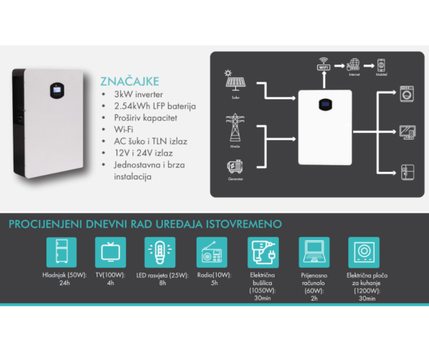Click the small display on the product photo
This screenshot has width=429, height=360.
click(x=56, y=91)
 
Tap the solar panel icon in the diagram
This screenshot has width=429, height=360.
click(x=235, y=82)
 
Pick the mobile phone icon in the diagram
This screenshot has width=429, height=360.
click(x=381, y=63)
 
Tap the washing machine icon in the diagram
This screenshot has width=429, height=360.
click(x=408, y=94)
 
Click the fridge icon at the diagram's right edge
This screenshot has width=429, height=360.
click(x=408, y=172)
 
